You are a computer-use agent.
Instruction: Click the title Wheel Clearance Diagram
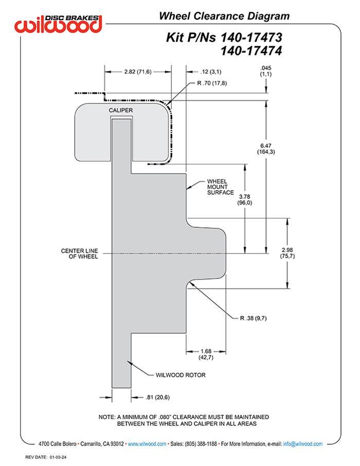point(224,16)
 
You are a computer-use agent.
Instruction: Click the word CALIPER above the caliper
point(121,111)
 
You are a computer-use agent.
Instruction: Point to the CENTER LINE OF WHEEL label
point(80,253)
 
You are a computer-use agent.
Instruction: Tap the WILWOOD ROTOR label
point(181,375)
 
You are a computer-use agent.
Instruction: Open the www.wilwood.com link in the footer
point(147,443)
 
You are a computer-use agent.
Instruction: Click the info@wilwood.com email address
point(302,443)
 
